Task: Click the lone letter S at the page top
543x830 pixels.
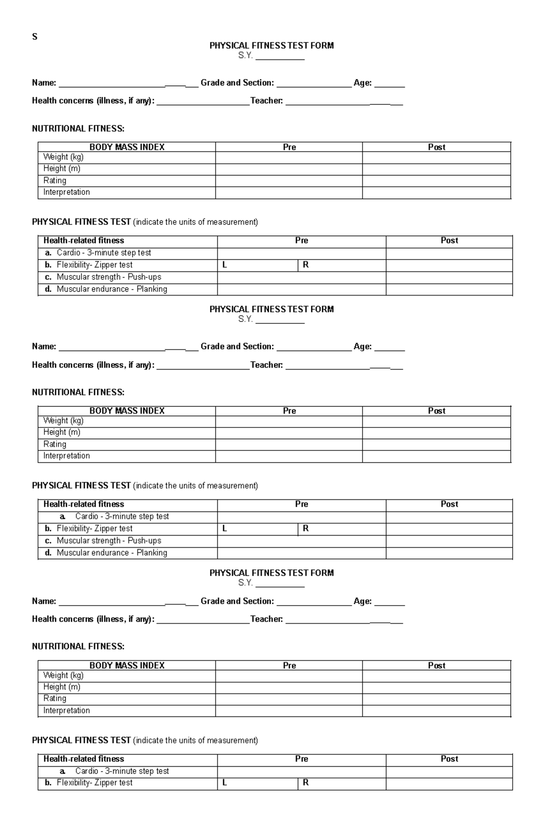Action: (34, 37)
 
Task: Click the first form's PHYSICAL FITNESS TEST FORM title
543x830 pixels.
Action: (271, 45)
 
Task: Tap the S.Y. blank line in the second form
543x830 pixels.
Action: (280, 320)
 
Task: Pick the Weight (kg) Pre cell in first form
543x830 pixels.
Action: (289, 157)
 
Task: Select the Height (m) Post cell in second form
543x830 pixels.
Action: (436, 432)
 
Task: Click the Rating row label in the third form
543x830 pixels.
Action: (55, 698)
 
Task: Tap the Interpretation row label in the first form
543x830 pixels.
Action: (67, 192)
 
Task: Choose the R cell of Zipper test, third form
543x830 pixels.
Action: (342, 783)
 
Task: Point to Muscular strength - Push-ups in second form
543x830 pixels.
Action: (109, 541)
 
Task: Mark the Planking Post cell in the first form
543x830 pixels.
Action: (449, 289)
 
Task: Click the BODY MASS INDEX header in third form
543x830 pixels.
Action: (127, 665)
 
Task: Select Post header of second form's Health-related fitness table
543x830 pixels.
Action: (449, 504)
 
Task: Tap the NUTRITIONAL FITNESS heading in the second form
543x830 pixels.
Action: (78, 392)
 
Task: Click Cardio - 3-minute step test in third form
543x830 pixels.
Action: (122, 771)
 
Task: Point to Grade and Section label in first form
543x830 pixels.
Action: (237, 83)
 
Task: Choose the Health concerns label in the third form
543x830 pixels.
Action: (93, 619)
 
